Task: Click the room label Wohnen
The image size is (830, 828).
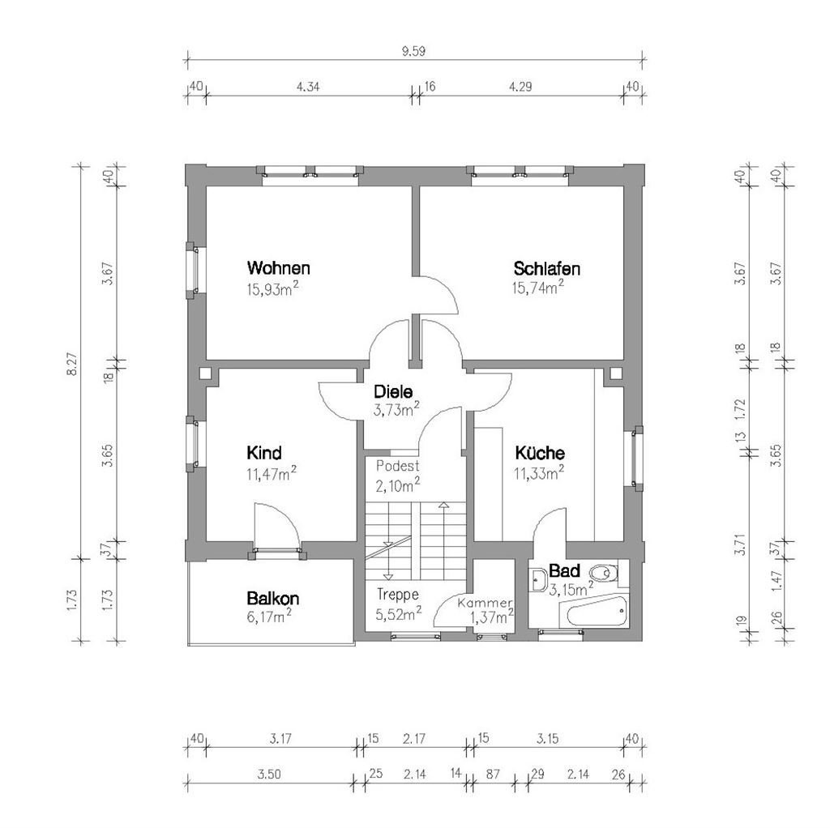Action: [279, 268]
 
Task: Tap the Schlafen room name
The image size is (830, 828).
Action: [546, 268]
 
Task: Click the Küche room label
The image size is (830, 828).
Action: [539, 454]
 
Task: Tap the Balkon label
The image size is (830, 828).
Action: [273, 599]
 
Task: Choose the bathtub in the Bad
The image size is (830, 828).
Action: [597, 612]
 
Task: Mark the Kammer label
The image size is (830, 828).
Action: [485, 604]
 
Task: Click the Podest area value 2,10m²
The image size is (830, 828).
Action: [397, 484]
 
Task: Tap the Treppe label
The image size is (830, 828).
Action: [397, 593]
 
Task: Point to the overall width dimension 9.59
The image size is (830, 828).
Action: [413, 50]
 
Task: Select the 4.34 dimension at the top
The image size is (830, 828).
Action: [306, 87]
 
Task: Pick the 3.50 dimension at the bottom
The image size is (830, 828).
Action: [269, 775]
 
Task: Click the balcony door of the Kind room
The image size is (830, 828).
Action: [277, 528]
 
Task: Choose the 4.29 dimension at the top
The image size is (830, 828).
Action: [520, 87]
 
